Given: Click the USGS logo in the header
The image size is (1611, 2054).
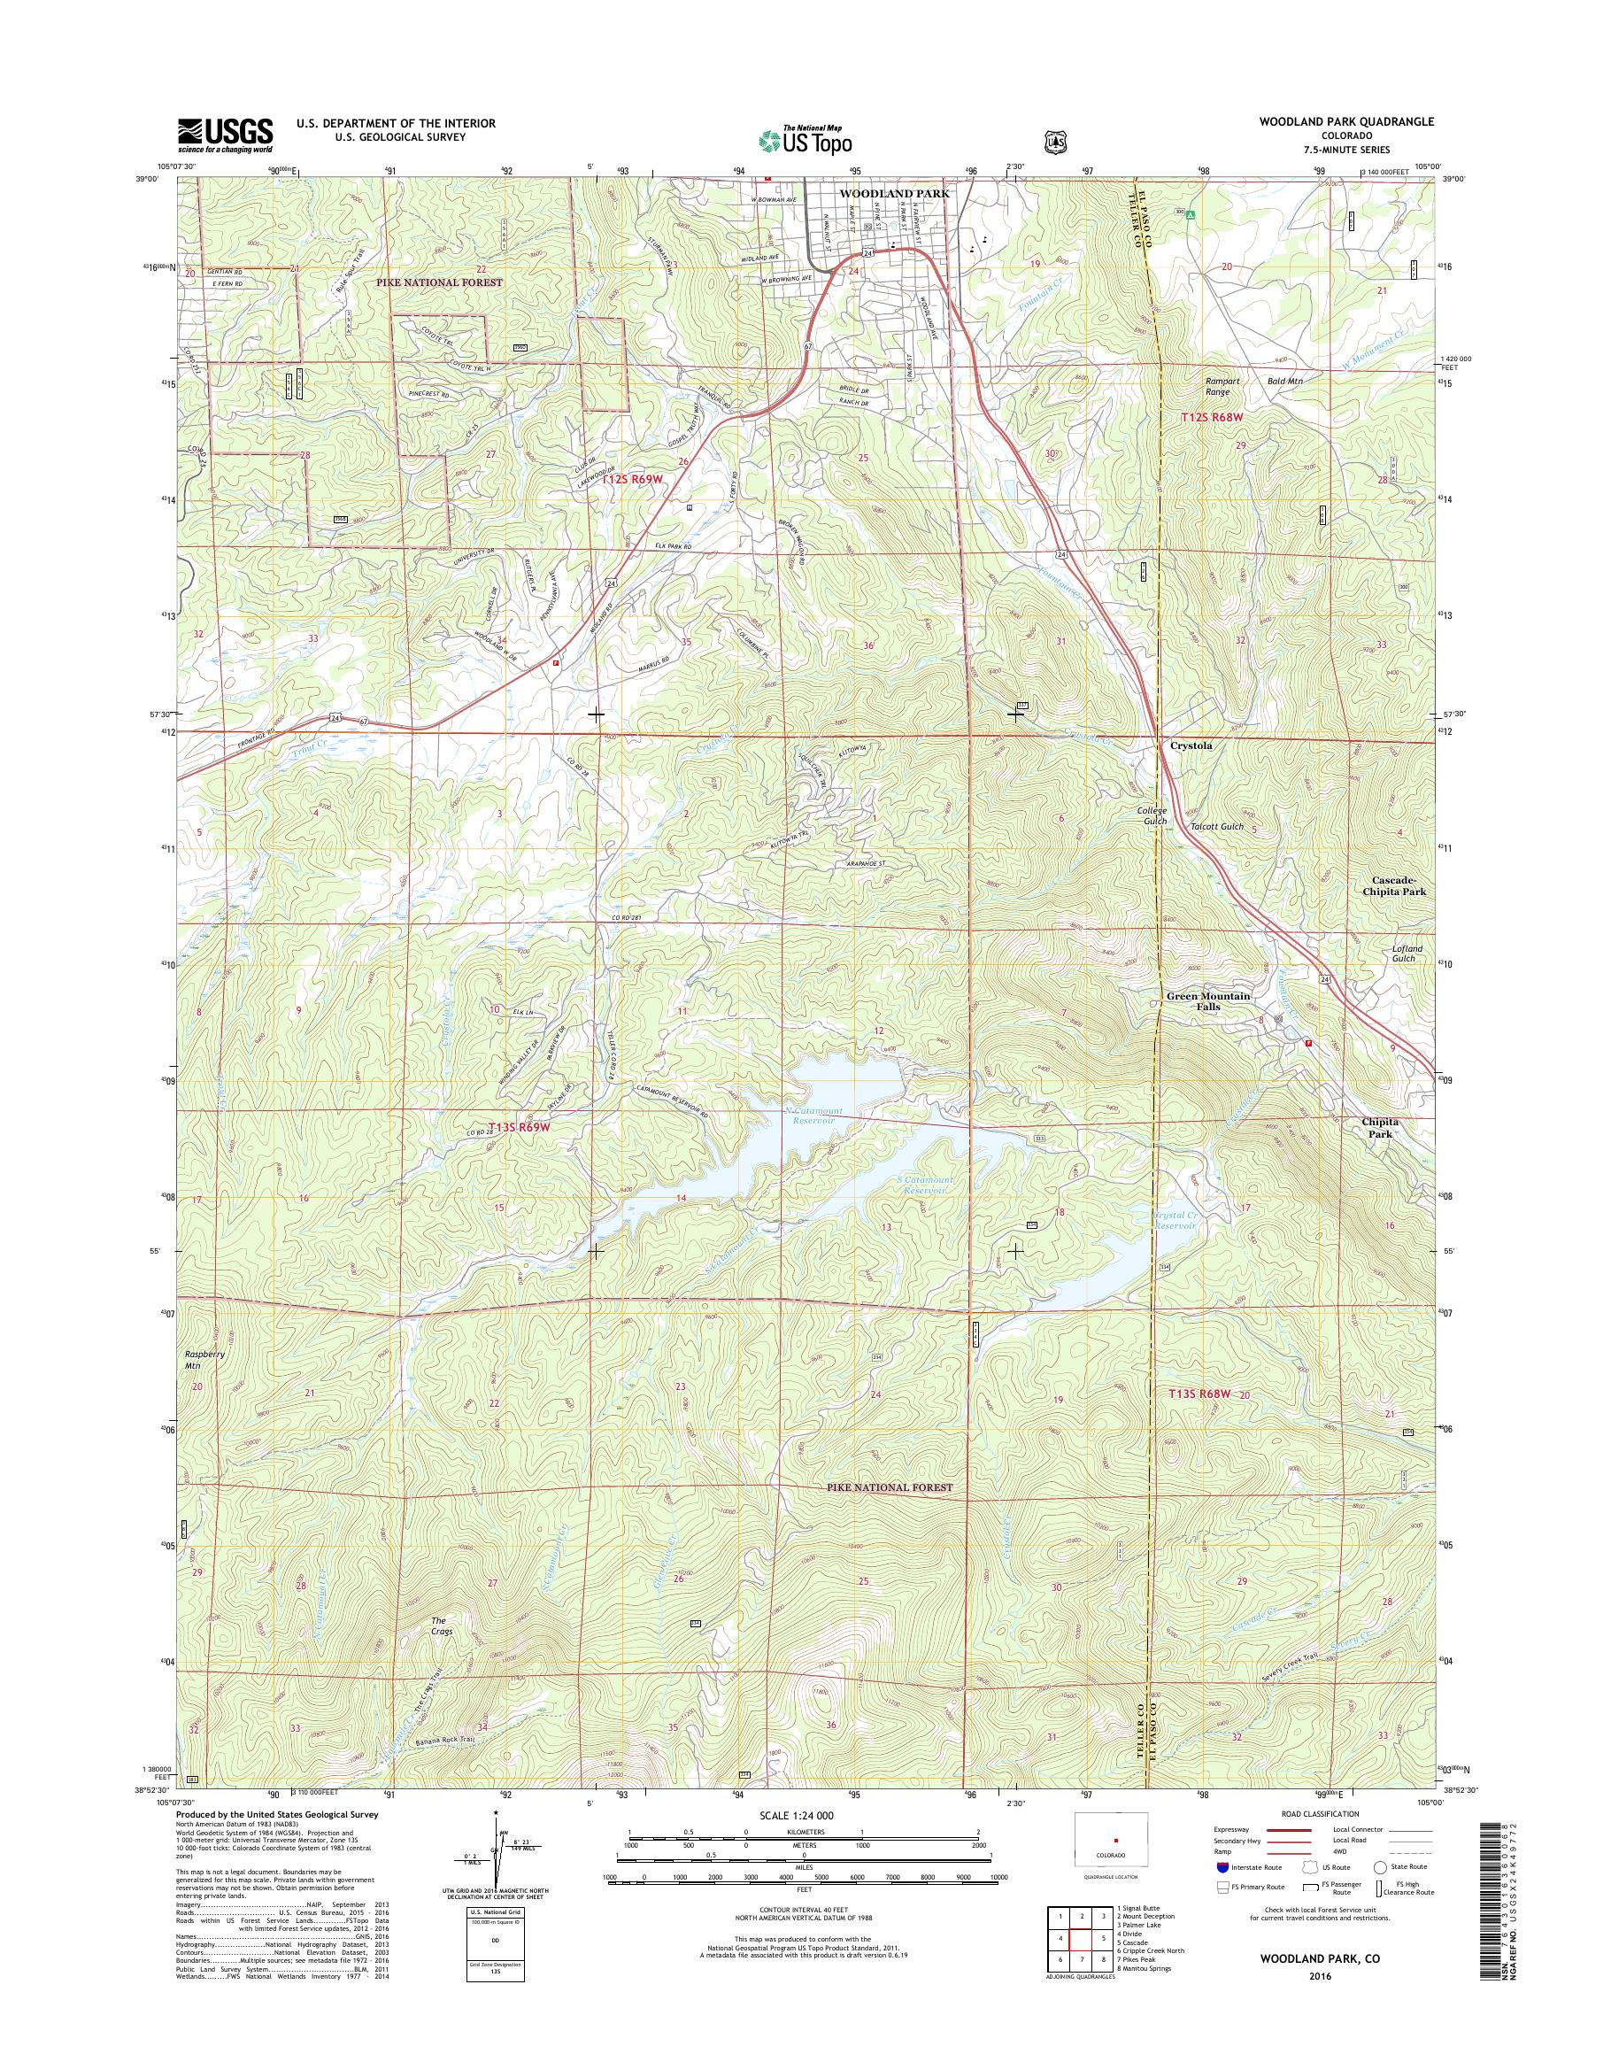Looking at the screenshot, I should coord(226,135).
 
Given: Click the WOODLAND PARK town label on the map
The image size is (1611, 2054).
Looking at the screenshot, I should coord(894,192).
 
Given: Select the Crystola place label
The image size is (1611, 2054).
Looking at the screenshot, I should coord(1191,745).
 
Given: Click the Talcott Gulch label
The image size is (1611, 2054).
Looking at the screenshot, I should coord(1217,827).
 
